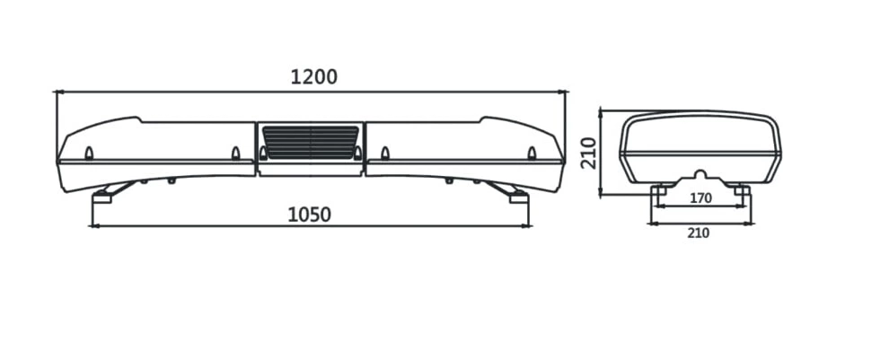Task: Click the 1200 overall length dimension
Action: [313, 76]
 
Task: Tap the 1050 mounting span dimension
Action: [309, 215]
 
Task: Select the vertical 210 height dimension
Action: [589, 154]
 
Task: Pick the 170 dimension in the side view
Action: [700, 198]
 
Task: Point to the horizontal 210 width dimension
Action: [699, 233]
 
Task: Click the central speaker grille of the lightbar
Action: [310, 143]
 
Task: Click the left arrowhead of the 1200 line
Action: [57, 92]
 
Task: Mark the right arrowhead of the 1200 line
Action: [562, 92]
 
